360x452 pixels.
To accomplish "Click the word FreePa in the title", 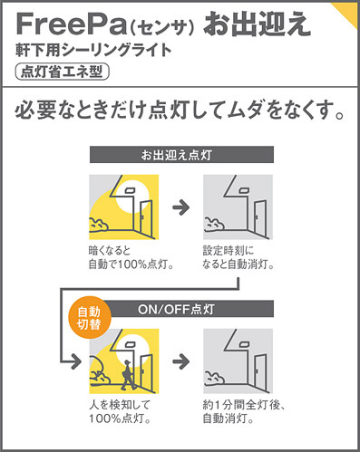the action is (x=71, y=24).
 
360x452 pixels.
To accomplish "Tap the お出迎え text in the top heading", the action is (x=257, y=24).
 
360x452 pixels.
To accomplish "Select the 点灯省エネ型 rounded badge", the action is (x=62, y=72).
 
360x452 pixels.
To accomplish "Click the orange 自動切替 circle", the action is (x=89, y=318).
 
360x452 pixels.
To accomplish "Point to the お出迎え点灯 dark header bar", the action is (x=181, y=155).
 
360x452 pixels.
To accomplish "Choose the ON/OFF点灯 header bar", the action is (x=188, y=309).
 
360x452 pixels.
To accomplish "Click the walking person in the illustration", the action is (x=129, y=375).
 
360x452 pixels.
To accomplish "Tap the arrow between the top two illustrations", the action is (x=181, y=207).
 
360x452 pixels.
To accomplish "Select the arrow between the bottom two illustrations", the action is (x=181, y=361).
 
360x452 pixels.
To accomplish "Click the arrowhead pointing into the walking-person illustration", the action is (x=76, y=361).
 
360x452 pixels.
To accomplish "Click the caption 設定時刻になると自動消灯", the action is (x=238, y=257).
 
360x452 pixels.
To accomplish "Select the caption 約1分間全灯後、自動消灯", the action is (x=244, y=412).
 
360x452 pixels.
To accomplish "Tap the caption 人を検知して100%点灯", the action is (x=120, y=412).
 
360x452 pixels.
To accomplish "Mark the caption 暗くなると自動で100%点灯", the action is (x=131, y=257).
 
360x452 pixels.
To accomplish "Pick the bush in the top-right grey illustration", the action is (x=214, y=225).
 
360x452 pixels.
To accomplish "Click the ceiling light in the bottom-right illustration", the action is (x=244, y=343).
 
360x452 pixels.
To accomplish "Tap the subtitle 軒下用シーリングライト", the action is (x=93, y=50).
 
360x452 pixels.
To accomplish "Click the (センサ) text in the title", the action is (x=161, y=28).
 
